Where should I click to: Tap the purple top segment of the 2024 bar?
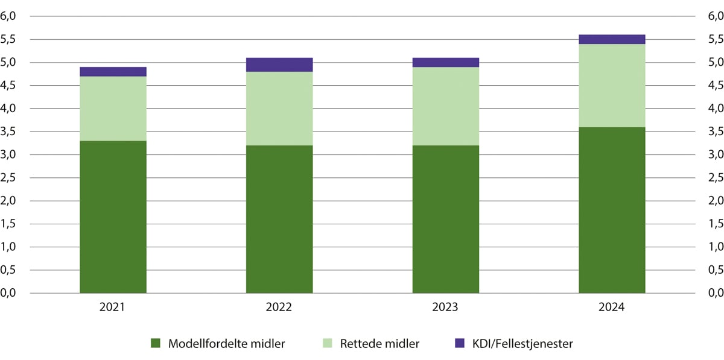pos(612,39)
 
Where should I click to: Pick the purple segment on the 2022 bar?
pos(279,65)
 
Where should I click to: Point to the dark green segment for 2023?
pos(445,219)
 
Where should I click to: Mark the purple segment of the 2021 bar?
pos(113,72)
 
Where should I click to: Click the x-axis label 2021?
pos(113,307)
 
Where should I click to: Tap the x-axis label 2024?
pos(612,307)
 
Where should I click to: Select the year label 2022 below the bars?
pos(279,307)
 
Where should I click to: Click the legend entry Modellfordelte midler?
pos(226,344)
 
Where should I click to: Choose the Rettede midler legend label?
pos(379,344)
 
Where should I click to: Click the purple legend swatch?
pos(460,344)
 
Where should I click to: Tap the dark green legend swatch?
pos(156,344)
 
